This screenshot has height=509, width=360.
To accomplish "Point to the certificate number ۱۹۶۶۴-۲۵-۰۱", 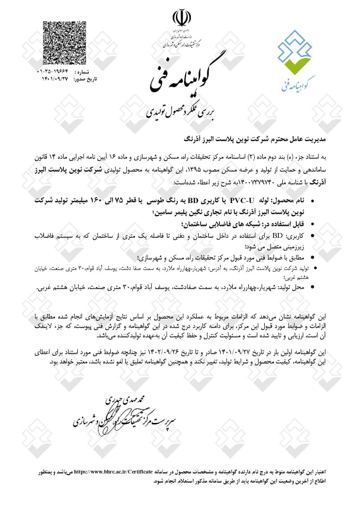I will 52,71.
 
